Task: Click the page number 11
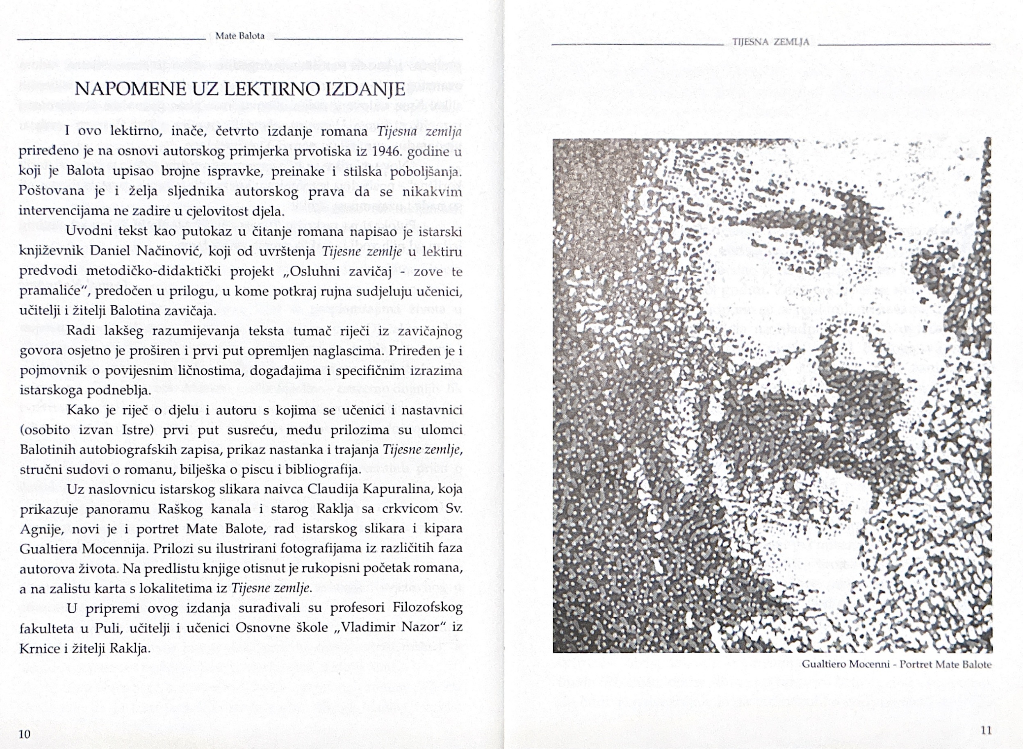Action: [986, 731]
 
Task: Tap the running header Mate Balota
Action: [240, 36]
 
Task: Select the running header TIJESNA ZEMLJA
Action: [770, 42]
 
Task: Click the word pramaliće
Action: [52, 291]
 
